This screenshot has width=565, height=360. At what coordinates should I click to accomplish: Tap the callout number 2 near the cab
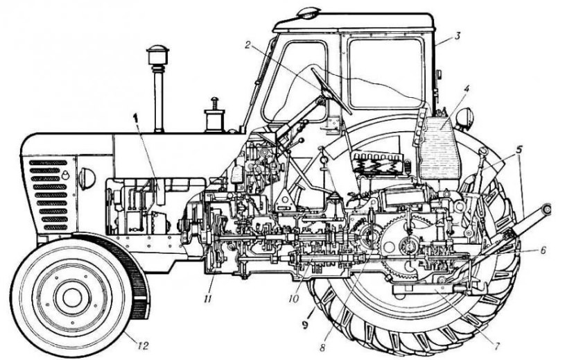click(x=247, y=44)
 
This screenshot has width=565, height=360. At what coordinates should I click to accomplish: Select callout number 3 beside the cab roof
click(x=457, y=36)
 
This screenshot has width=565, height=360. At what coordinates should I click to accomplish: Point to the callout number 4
click(x=467, y=87)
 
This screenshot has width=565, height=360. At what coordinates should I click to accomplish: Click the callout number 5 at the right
click(x=519, y=148)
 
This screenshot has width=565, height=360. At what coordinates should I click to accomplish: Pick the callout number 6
click(x=543, y=250)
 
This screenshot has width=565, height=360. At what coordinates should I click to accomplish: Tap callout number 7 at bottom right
click(x=496, y=347)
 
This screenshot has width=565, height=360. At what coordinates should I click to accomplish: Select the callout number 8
click(x=322, y=348)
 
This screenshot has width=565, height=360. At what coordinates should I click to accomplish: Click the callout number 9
click(x=306, y=318)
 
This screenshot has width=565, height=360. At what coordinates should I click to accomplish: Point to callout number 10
click(x=294, y=299)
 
